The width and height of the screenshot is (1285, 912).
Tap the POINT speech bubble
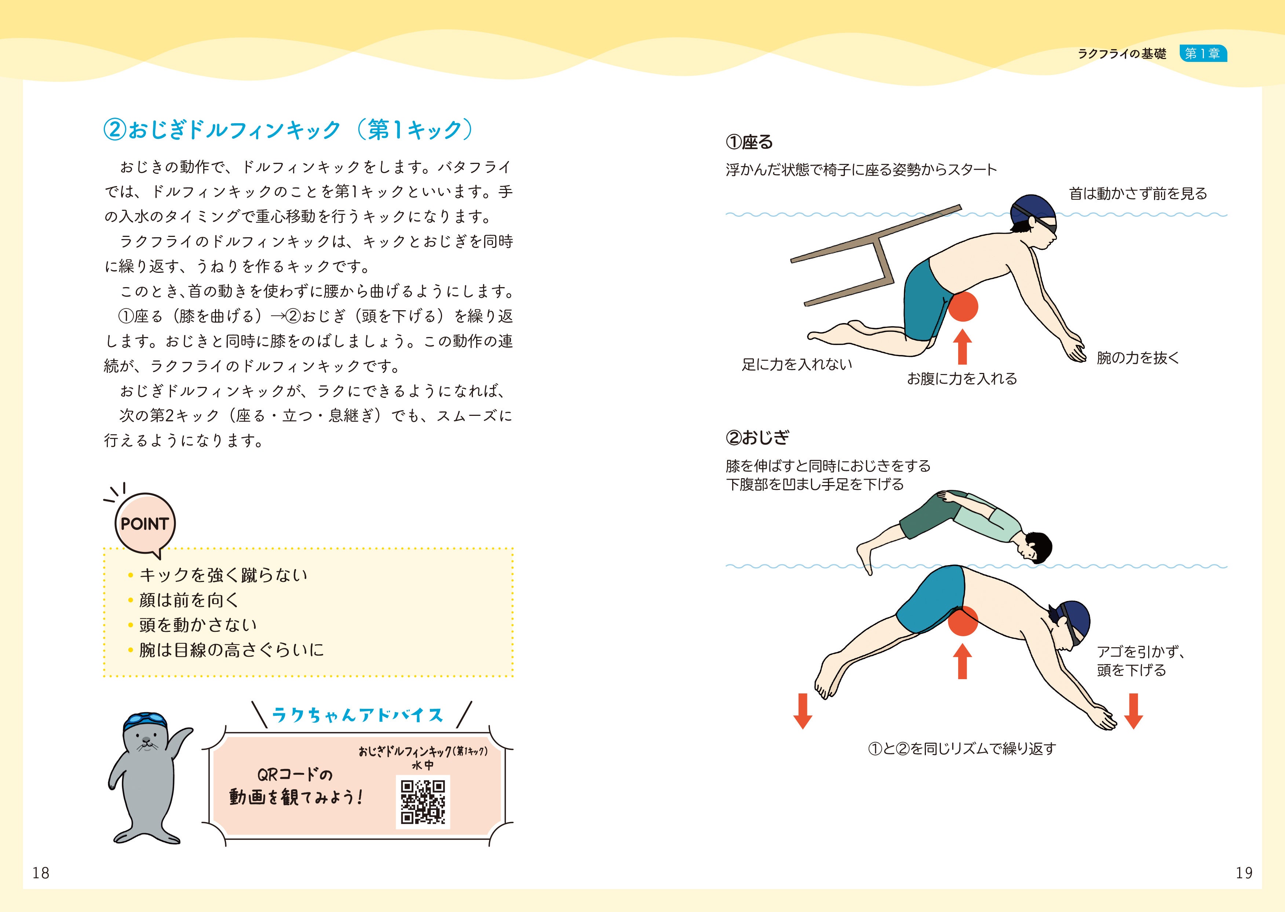pos(145,523)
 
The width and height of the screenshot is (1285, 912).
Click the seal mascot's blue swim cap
pos(146,721)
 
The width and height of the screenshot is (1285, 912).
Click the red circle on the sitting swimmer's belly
pos(963,307)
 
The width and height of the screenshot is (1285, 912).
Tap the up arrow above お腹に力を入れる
pos(963,347)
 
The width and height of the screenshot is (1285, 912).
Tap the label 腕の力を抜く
pos(1138,358)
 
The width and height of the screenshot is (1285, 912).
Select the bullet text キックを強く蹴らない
pos(223,575)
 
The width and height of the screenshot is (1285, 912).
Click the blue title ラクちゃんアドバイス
pos(358,715)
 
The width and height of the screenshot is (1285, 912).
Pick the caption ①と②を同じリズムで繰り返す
pos(962,748)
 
